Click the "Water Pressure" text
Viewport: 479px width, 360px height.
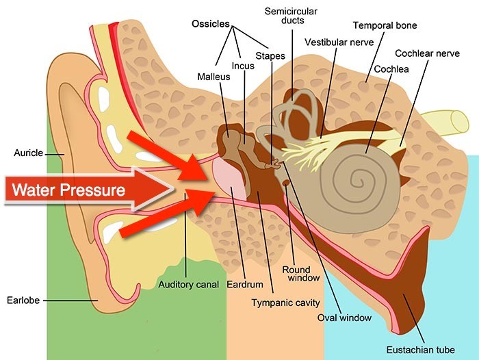click(68, 190)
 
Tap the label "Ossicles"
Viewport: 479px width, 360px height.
click(211, 23)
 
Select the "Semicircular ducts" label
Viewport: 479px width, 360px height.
click(291, 16)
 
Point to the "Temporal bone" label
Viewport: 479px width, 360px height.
click(385, 25)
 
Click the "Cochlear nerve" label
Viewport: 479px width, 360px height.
click(427, 53)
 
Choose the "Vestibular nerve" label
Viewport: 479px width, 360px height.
click(339, 42)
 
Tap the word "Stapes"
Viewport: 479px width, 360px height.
click(270, 56)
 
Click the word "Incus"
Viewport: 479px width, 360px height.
click(243, 66)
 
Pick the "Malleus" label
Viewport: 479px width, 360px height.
click(213, 77)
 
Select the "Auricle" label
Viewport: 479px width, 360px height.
click(29, 153)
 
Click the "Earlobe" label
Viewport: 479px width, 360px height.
click(23, 300)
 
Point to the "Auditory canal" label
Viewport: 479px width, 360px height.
click(188, 285)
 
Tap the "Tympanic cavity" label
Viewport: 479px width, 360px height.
click(285, 303)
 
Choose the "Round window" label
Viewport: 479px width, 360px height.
click(301, 274)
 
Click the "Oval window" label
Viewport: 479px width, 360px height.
click(344, 318)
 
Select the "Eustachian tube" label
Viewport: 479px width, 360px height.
click(420, 350)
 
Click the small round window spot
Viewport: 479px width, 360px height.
click(286, 183)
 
